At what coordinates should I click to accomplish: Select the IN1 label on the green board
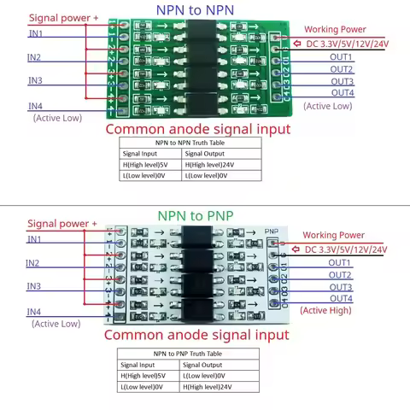(x=37, y=33)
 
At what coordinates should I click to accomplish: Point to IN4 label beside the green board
(x=35, y=106)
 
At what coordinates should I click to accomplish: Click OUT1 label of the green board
(x=342, y=57)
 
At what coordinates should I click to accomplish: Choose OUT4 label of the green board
(x=342, y=92)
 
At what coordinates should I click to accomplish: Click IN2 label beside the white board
(x=34, y=263)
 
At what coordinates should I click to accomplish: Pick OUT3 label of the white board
(x=340, y=287)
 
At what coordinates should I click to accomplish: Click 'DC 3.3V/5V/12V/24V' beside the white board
(x=345, y=249)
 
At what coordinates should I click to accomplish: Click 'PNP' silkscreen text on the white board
(x=272, y=231)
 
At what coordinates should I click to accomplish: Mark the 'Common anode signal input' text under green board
(x=196, y=129)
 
